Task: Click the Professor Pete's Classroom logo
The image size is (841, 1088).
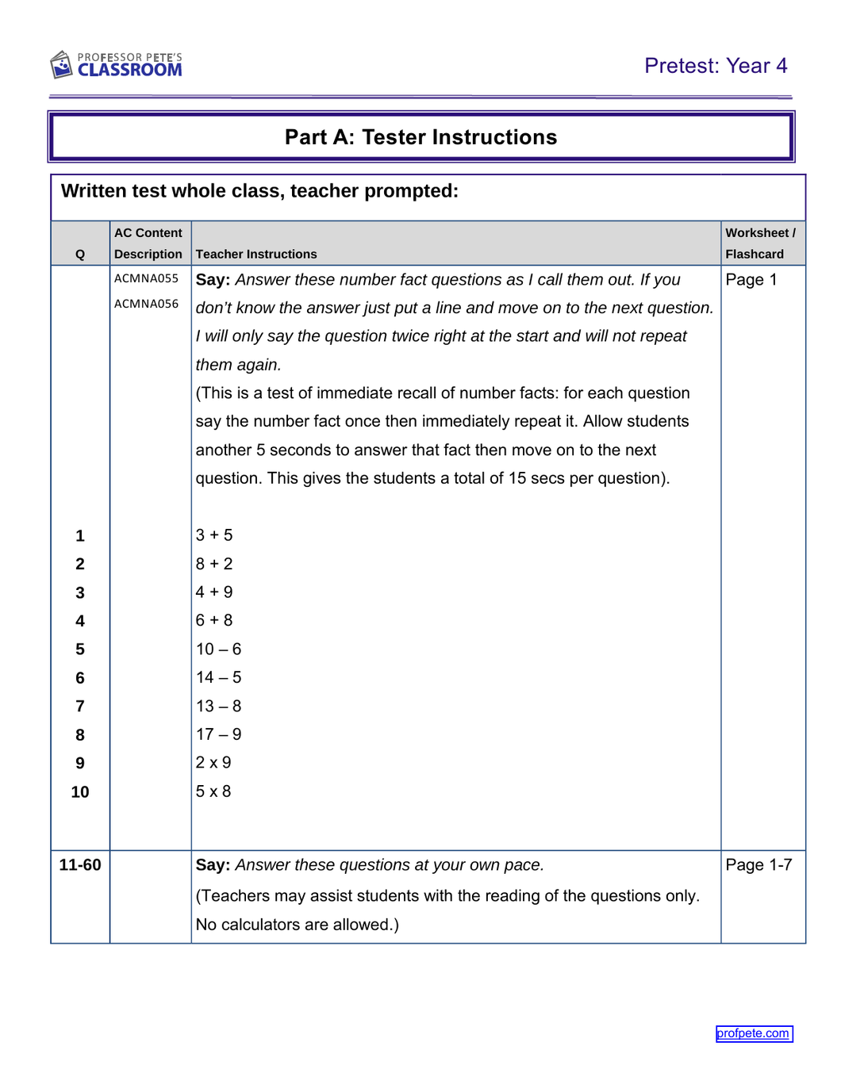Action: (117, 65)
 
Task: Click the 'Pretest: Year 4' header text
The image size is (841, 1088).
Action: (715, 66)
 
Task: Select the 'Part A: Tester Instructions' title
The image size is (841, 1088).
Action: (420, 137)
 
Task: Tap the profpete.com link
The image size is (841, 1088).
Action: (753, 1033)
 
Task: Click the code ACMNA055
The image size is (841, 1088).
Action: (147, 278)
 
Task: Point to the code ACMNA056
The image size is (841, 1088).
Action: (147, 304)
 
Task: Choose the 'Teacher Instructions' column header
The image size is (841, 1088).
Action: (256, 254)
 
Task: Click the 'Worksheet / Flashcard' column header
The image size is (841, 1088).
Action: (760, 243)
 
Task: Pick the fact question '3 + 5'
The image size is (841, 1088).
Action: (214, 535)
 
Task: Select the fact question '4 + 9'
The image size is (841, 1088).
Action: (214, 592)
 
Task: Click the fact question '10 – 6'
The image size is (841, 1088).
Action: (218, 649)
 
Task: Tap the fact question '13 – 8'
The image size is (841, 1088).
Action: (218, 706)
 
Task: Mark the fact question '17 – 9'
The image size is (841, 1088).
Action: (218, 734)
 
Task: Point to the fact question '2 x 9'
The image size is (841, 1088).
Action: (213, 763)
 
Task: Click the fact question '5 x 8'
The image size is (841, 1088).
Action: (213, 791)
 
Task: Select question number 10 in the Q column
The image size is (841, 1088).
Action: (80, 792)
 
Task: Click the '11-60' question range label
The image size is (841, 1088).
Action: (80, 865)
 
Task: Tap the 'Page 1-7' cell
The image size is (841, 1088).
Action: (758, 865)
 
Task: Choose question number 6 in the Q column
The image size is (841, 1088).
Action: (80, 678)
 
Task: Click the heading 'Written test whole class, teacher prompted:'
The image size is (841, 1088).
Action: (259, 191)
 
